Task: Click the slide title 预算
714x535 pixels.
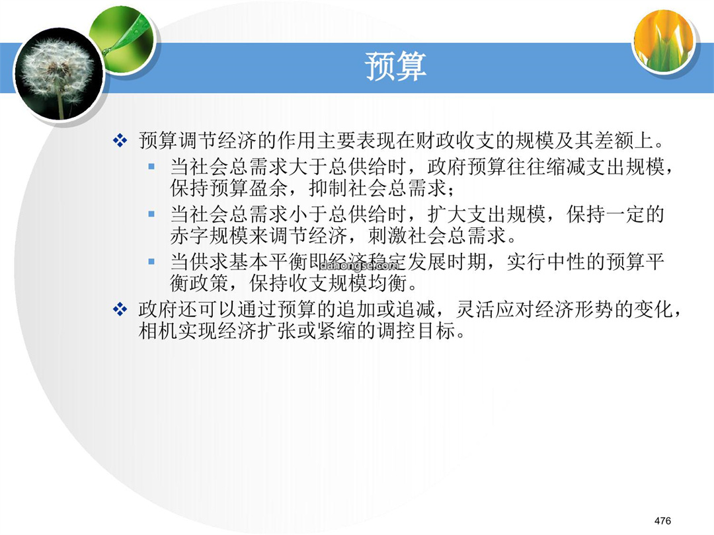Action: pyautogui.click(x=396, y=67)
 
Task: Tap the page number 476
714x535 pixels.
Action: pyautogui.click(x=662, y=520)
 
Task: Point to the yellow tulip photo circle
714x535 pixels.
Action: pyautogui.click(x=664, y=40)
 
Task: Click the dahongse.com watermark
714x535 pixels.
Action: pyautogui.click(x=360, y=266)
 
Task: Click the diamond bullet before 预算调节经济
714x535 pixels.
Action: pyautogui.click(x=120, y=140)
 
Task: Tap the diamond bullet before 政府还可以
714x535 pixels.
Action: pyautogui.click(x=120, y=309)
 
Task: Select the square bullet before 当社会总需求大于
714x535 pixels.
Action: pyautogui.click(x=151, y=166)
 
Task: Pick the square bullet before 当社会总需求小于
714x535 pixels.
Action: pyautogui.click(x=151, y=214)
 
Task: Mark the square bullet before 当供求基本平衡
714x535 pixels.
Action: pyautogui.click(x=151, y=262)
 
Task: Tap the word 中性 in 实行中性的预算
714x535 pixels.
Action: pyautogui.click(x=566, y=262)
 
